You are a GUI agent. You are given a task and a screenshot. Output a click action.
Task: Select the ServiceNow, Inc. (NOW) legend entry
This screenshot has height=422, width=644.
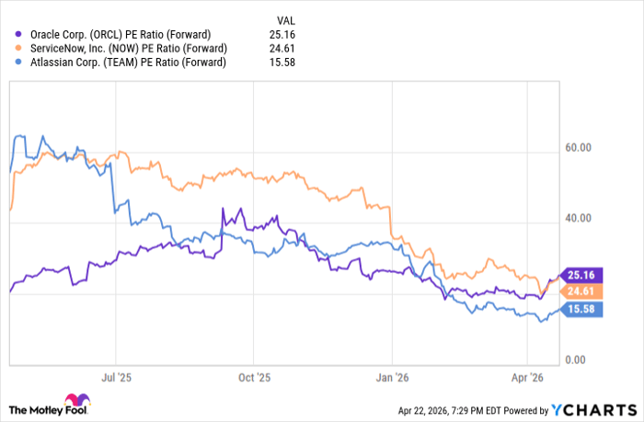tap(122, 48)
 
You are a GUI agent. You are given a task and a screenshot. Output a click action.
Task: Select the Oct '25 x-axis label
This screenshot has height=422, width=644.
tap(253, 376)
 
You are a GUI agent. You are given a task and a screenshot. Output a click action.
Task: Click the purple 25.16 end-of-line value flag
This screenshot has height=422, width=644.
tap(581, 275)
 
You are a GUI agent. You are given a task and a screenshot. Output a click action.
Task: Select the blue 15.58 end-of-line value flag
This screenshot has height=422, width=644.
tap(581, 311)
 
